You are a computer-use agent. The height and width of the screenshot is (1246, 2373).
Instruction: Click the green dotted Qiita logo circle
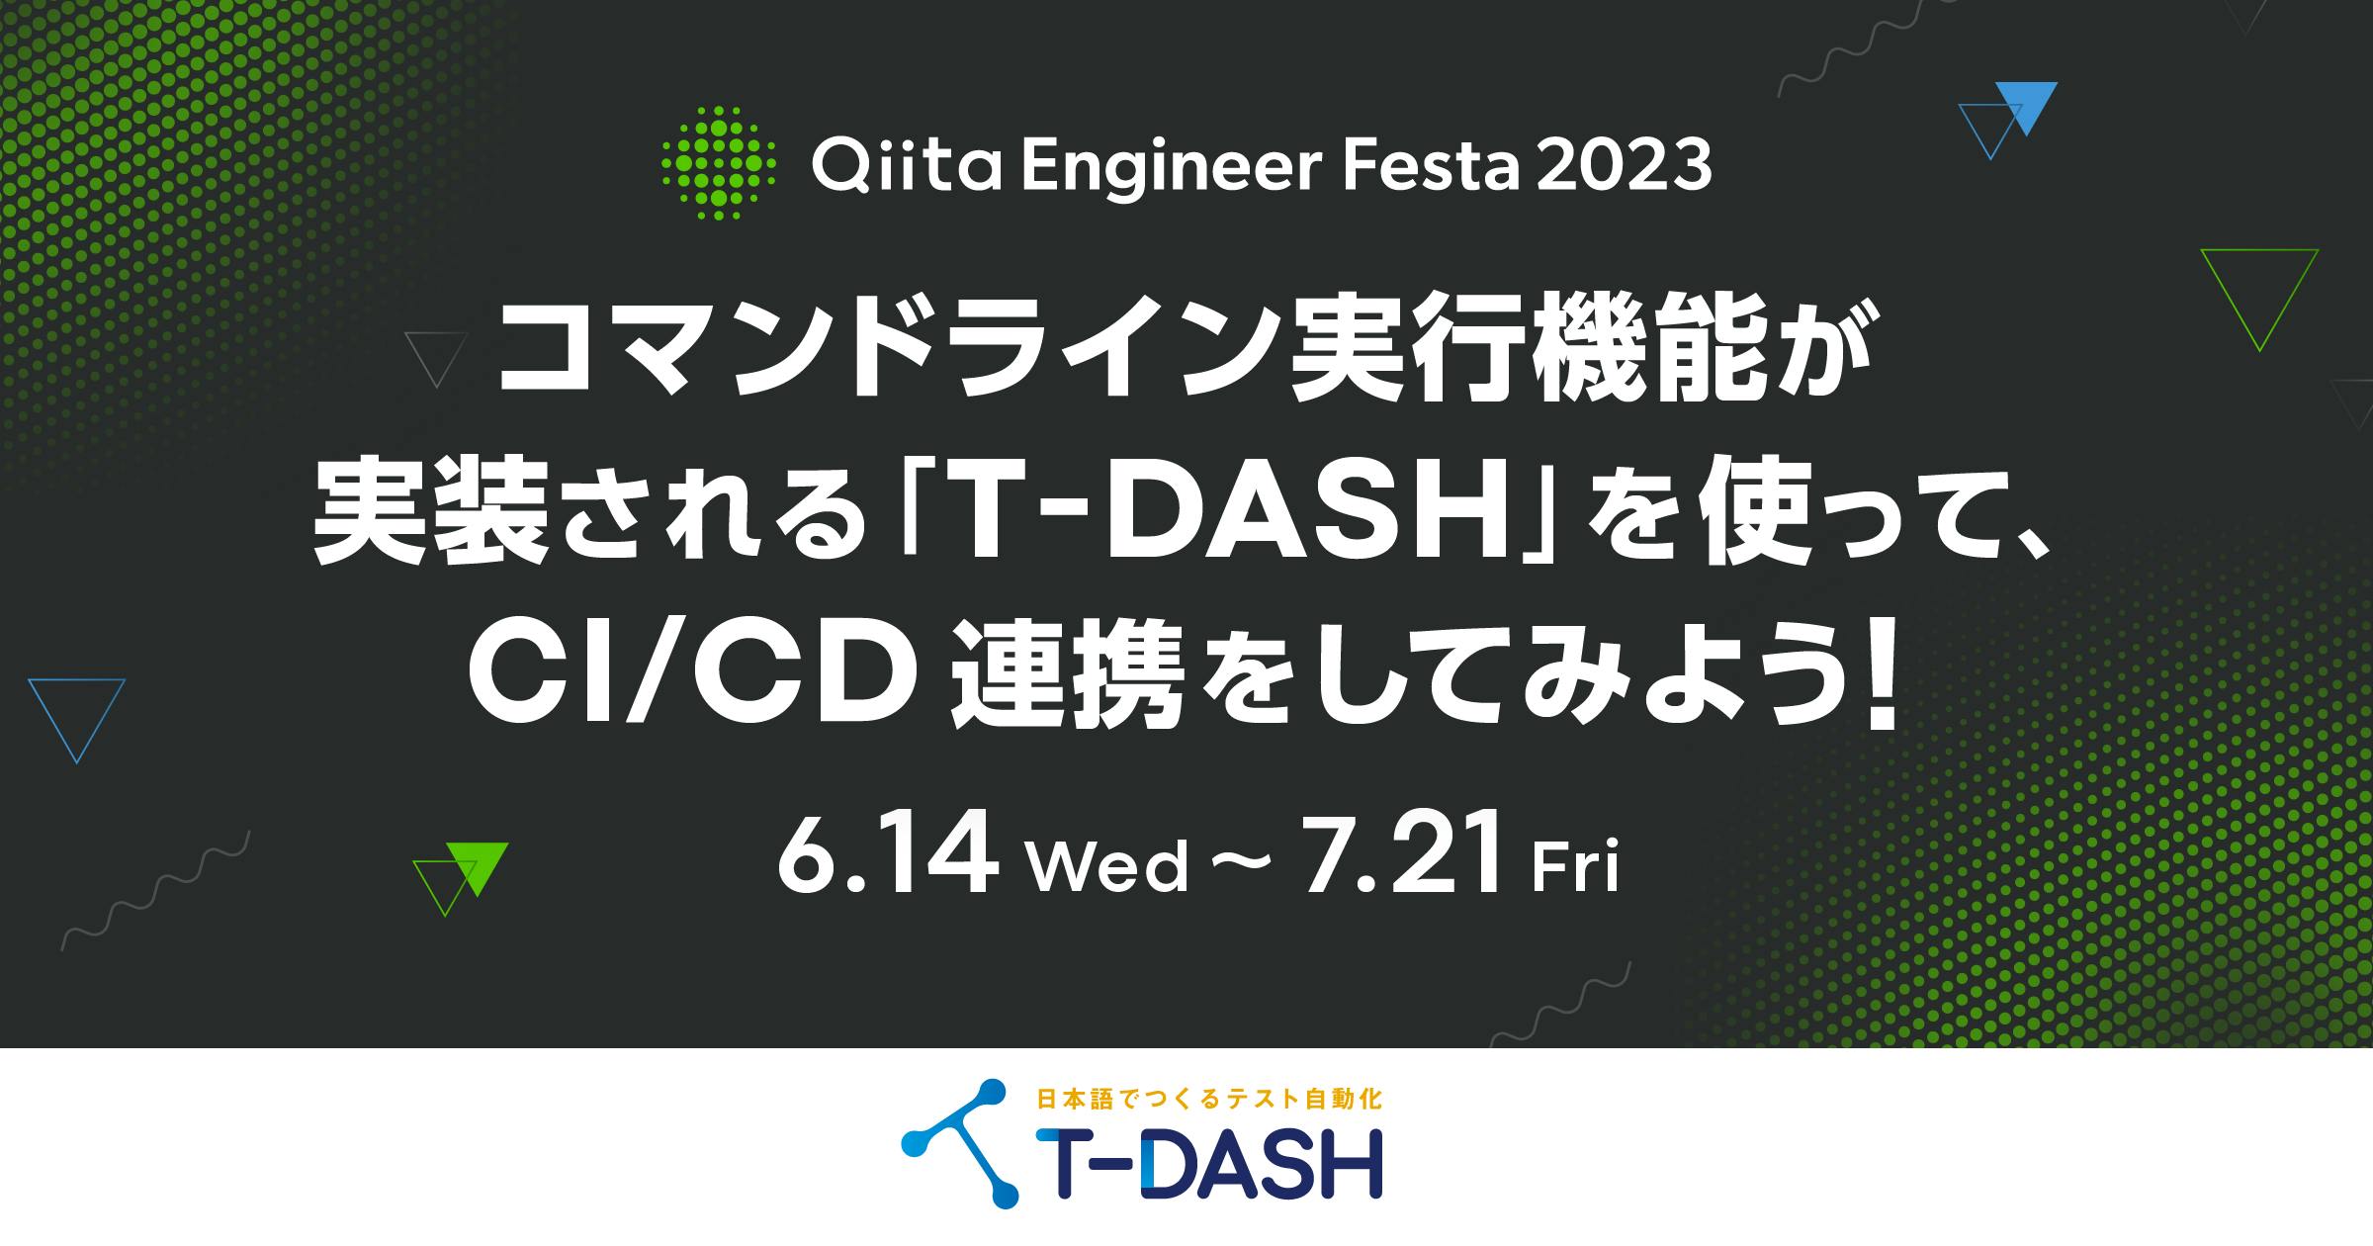pos(718,162)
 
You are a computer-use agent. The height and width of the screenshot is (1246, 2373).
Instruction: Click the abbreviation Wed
pos(1107,866)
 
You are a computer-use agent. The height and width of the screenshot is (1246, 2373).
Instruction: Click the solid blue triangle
pos(2026,103)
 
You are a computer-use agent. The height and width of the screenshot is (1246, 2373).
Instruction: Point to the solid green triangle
pos(478,863)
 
